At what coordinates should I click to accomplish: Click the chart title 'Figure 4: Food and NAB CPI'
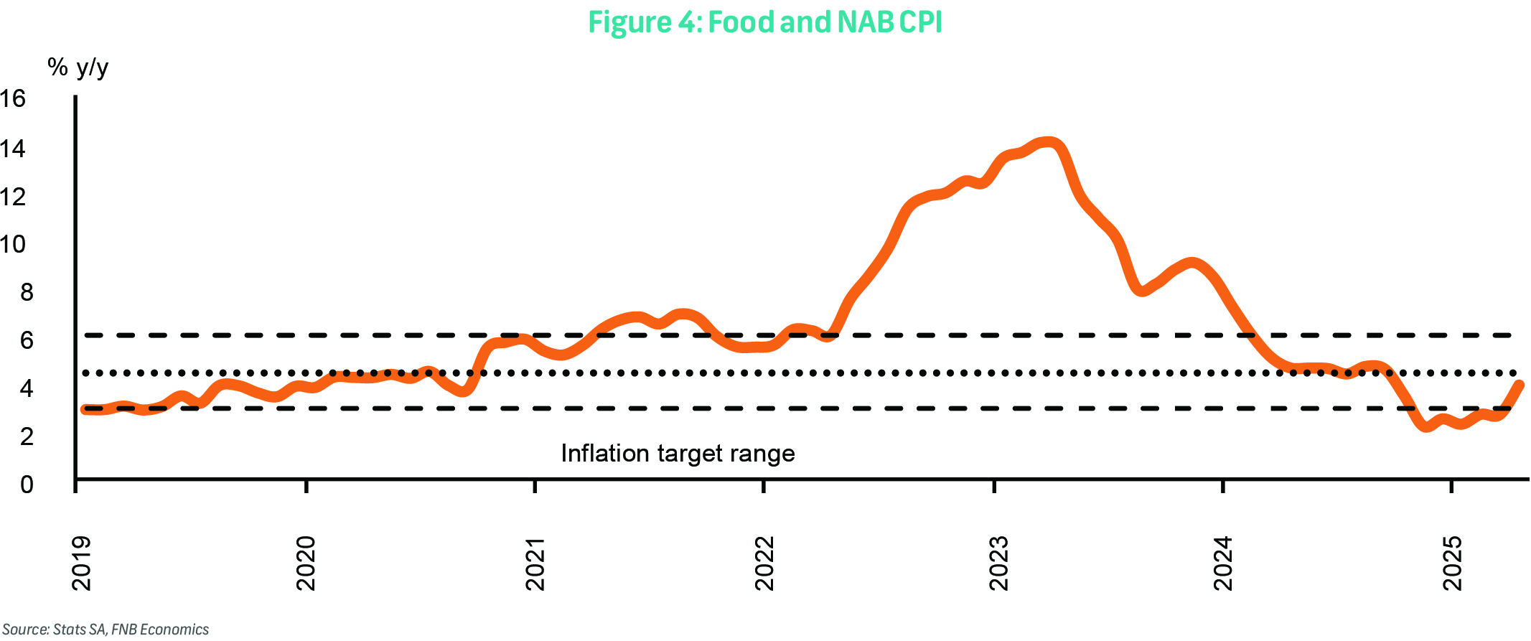tap(764, 22)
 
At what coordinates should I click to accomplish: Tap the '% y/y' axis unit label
tap(78, 67)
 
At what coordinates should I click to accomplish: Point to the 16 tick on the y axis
tap(13, 99)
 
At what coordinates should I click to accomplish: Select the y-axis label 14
tap(13, 149)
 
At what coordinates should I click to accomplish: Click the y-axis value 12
tap(13, 197)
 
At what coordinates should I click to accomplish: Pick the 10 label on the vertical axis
tap(13, 245)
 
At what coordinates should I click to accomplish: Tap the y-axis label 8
tap(26, 292)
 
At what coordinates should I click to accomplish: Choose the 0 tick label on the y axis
tap(26, 485)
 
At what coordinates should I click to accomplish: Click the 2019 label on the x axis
tap(82, 563)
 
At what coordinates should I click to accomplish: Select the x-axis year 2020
tap(306, 563)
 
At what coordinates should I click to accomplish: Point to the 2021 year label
tap(535, 563)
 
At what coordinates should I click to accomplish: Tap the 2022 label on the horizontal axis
tap(764, 563)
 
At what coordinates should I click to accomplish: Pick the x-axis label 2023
tap(998, 563)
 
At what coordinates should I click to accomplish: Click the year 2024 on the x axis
tap(1222, 563)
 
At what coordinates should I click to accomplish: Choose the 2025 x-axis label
tap(1452, 563)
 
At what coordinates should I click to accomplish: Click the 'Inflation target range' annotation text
tap(678, 454)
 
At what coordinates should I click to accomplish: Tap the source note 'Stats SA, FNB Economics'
tap(106, 630)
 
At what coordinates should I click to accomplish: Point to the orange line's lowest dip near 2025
tap(1426, 427)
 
